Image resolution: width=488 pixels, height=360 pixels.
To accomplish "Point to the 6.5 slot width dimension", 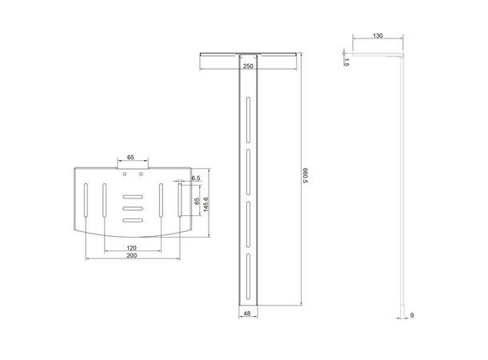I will (194, 178).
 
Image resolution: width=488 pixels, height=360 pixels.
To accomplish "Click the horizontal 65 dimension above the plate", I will (130, 158).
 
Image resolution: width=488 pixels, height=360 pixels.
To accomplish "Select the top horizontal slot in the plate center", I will (131, 197).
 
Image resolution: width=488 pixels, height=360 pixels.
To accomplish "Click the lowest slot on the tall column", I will (249, 266).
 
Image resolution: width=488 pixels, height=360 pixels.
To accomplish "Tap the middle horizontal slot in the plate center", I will (131, 209).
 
